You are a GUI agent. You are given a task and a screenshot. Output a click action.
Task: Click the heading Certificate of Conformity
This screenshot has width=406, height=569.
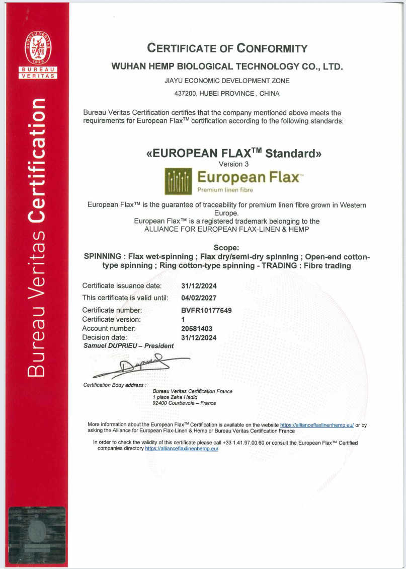click(x=227, y=48)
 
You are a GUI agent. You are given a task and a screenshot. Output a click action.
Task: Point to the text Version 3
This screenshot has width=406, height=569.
click(x=233, y=164)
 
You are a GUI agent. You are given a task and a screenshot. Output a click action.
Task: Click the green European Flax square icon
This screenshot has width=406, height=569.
click(x=178, y=181)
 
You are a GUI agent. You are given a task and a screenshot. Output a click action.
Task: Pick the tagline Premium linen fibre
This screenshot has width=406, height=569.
click(x=225, y=190)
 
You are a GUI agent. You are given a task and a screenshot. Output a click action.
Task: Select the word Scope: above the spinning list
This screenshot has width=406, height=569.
click(x=226, y=248)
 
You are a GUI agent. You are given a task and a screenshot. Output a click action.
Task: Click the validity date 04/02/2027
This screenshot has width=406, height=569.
click(x=199, y=298)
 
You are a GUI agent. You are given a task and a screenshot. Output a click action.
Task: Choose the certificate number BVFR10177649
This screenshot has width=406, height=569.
click(x=206, y=310)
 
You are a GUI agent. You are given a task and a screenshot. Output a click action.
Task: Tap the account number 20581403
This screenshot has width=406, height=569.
click(x=197, y=328)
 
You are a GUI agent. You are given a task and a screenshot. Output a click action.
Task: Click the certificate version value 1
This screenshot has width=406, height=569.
click(x=183, y=319)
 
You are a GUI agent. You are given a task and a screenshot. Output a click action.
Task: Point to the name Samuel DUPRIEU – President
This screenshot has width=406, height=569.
click(x=128, y=346)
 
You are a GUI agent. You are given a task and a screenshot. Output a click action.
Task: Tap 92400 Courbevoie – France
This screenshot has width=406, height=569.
click(x=184, y=403)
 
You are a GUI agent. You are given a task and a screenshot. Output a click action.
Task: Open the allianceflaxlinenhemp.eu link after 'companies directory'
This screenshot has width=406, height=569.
click(x=181, y=448)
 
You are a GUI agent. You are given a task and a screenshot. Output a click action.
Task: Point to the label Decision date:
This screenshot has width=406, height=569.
click(x=105, y=337)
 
